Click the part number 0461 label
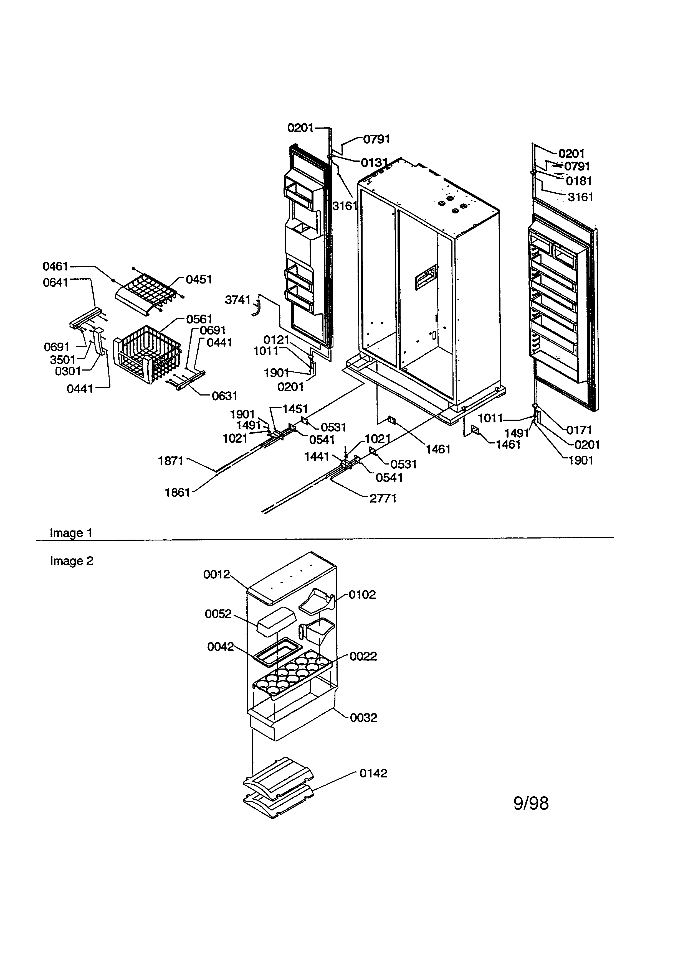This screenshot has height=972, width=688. [x=55, y=266]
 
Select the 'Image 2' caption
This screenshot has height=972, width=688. [x=71, y=561]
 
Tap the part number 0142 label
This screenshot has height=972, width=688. [x=373, y=774]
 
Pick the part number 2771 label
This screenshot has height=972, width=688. [x=383, y=498]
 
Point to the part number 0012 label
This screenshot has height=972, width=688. [x=216, y=575]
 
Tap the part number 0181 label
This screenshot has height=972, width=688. [x=579, y=181]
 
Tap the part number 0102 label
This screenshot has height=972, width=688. [x=362, y=595]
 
